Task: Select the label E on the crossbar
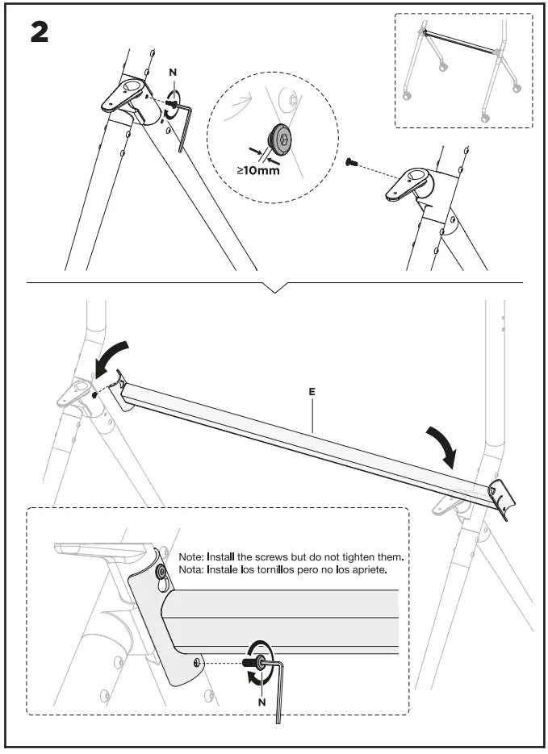(312, 391)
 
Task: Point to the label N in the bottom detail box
(261, 701)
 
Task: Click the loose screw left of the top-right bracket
(351, 162)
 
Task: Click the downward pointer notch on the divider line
(275, 287)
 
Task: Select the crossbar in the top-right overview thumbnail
(458, 40)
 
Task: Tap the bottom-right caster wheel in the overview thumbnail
(486, 118)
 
